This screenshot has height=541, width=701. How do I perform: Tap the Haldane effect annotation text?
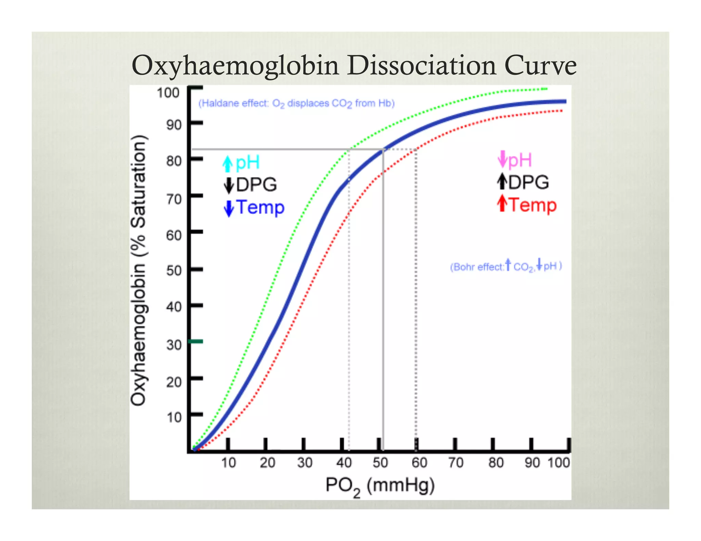(296, 103)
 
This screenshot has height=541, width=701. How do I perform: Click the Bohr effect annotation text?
(506, 266)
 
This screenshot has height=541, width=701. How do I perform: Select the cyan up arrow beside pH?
(227, 163)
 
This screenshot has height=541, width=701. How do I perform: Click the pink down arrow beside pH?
(502, 159)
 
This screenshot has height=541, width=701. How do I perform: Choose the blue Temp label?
(260, 207)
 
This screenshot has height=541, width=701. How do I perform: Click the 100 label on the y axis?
(168, 93)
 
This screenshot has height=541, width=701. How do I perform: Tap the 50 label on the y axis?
(174, 270)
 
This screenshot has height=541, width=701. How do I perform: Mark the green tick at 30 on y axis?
(196, 341)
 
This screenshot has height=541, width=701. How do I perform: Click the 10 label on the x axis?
(228, 463)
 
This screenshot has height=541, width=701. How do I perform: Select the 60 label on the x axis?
(419, 463)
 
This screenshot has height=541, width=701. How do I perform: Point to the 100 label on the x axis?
(559, 463)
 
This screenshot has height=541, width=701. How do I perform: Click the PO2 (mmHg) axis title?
(380, 486)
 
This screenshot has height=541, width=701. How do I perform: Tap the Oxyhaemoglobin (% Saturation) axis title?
(139, 270)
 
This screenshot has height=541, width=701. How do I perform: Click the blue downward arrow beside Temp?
(229, 208)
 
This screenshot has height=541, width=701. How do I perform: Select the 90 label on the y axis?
(174, 125)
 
